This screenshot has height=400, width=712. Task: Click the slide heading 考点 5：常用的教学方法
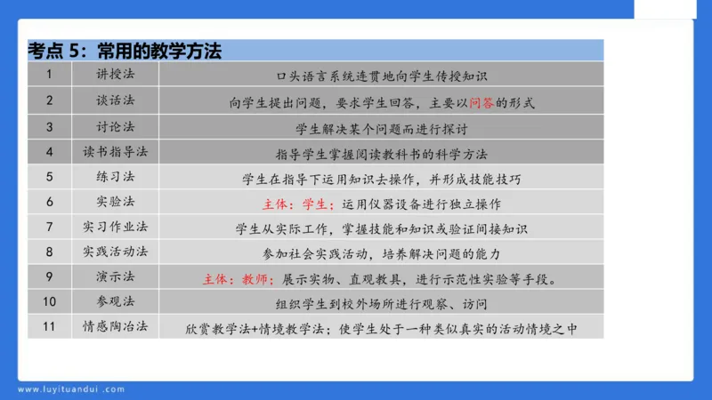pyautogui.click(x=125, y=52)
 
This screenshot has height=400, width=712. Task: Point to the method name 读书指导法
pyautogui.click(x=116, y=151)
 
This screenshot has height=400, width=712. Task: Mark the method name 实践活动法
pyautogui.click(x=116, y=252)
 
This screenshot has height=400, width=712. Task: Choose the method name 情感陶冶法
pyautogui.click(x=116, y=326)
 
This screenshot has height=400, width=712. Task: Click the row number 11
pyautogui.click(x=50, y=326)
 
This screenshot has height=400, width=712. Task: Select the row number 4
pyautogui.click(x=50, y=151)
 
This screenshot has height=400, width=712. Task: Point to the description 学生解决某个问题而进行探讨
pyautogui.click(x=381, y=127)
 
